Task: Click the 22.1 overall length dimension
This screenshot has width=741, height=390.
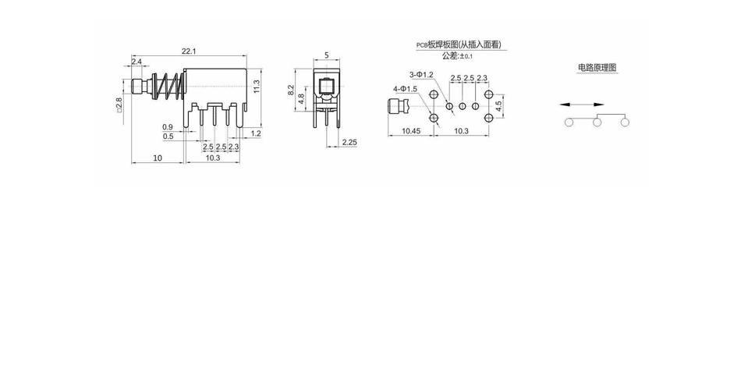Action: coord(189,51)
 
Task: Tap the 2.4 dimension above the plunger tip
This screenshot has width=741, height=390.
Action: coord(136,62)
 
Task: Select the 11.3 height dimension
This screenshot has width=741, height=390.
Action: coord(257,86)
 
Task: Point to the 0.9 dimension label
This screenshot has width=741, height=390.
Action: coord(168,127)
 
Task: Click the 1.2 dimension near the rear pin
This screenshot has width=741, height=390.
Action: coord(256,134)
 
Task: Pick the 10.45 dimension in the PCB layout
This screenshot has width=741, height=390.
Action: coord(410,131)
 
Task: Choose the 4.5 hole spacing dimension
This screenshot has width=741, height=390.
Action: coord(498,106)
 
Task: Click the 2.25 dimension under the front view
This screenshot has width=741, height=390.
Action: coord(349,142)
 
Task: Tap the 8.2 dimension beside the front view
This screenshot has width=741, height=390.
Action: coord(291,90)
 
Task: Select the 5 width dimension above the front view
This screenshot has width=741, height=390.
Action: coord(327,55)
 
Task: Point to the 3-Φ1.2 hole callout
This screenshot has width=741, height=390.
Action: coord(421,75)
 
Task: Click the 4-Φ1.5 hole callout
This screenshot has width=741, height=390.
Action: coord(405,89)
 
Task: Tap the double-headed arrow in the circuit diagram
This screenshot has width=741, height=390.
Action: coord(582,105)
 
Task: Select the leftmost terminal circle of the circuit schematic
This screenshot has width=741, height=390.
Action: coord(569,122)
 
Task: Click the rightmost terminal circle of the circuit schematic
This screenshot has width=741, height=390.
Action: coord(625,122)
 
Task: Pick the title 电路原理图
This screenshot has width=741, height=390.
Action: coord(597,68)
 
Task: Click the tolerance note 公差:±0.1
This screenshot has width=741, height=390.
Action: coord(457,56)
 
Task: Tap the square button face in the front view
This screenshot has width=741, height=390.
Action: coord(327,87)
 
